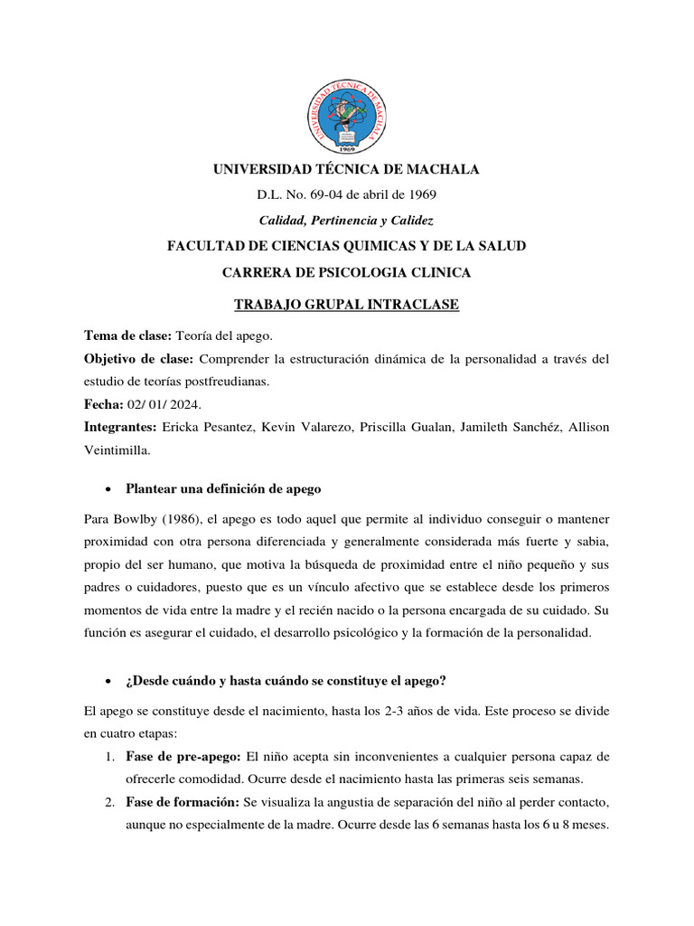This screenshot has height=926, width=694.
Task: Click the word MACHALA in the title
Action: [436, 169]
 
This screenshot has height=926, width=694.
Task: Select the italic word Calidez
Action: [410, 220]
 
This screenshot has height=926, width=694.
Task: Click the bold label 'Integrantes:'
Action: [120, 427]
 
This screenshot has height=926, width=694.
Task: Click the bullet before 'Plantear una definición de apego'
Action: [108, 489]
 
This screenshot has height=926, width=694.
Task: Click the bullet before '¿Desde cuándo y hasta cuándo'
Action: [108, 681]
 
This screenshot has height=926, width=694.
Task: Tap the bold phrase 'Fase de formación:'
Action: [183, 801]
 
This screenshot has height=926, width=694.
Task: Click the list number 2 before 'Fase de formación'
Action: [108, 801]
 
